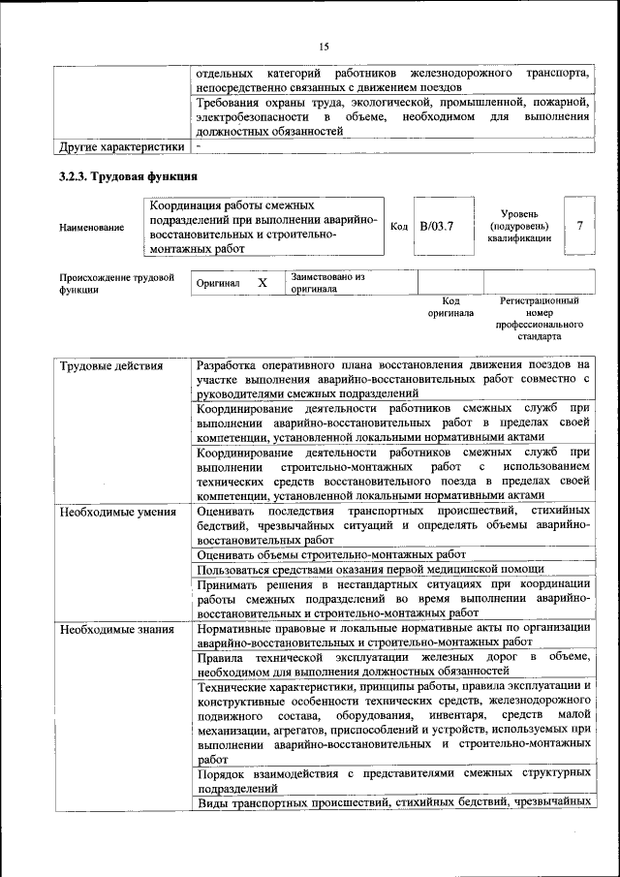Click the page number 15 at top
324,46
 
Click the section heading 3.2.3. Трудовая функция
128,177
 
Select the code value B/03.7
436,226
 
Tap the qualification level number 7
579,225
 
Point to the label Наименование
91,227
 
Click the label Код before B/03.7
398,226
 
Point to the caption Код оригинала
450,307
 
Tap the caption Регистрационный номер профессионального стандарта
540,320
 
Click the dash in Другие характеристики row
199,147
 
